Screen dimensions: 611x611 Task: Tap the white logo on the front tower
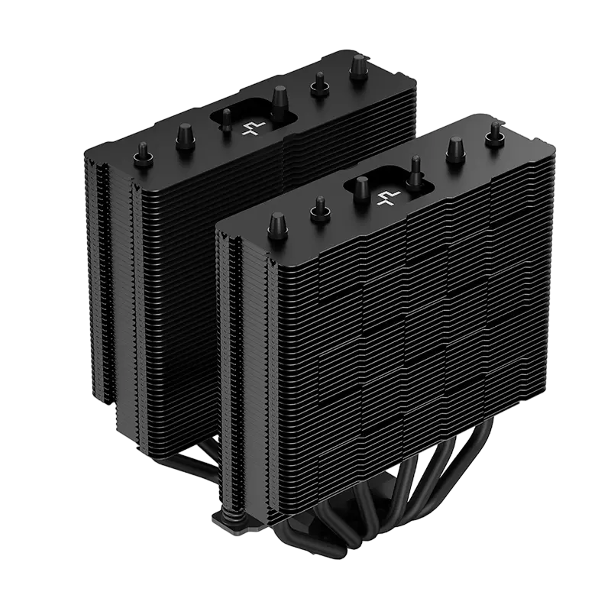click(385, 197)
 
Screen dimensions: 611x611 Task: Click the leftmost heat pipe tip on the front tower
click(274, 226)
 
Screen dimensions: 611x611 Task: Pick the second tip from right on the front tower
click(457, 147)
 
